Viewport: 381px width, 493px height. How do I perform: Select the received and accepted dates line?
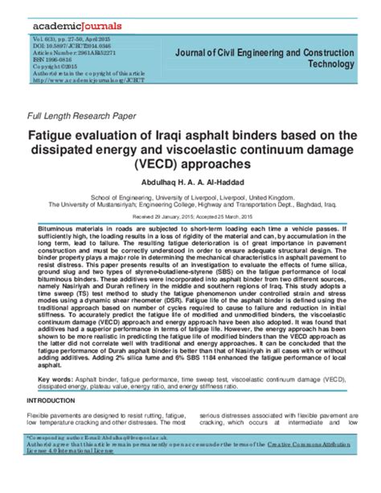pyautogui.click(x=190, y=216)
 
